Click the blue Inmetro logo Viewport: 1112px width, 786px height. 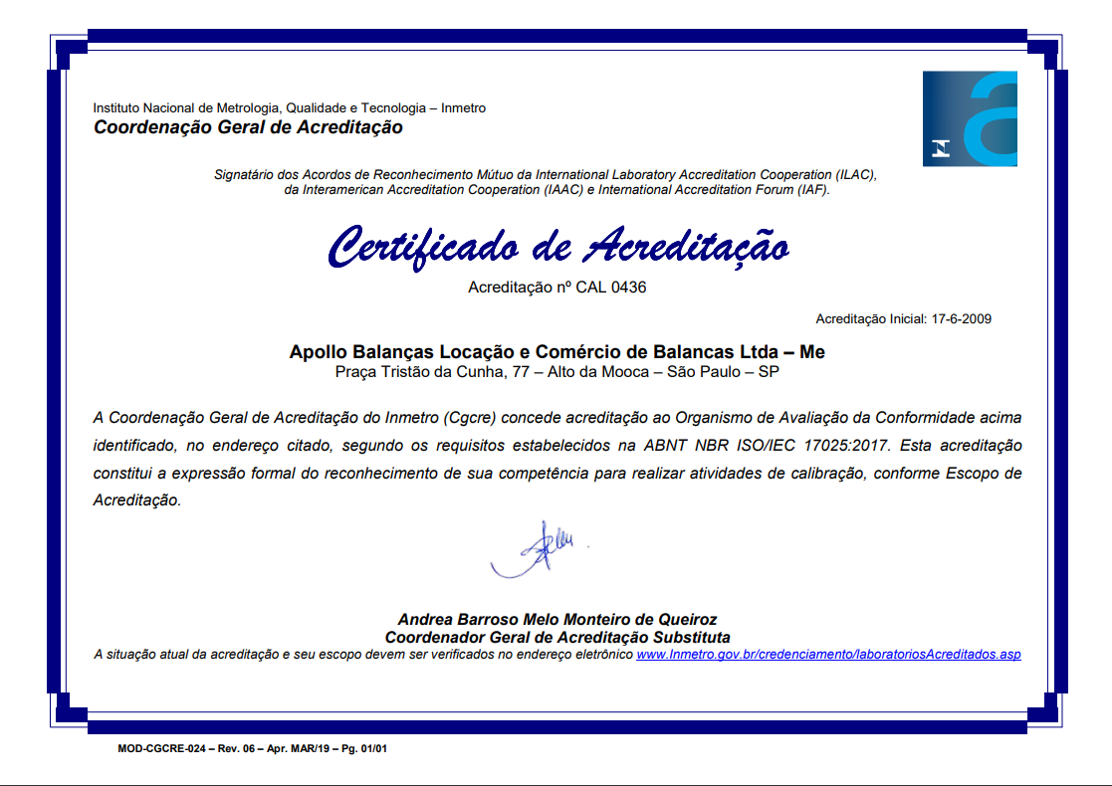(970, 118)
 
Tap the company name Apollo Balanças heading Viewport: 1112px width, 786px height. (556, 352)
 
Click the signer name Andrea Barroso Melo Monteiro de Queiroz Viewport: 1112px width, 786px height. (556, 619)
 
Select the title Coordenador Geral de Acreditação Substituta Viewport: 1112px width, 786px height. (556, 637)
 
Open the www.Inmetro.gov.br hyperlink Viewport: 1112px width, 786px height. (828, 655)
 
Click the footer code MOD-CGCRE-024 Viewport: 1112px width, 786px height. (158, 747)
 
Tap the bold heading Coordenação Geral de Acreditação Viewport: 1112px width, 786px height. (248, 127)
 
